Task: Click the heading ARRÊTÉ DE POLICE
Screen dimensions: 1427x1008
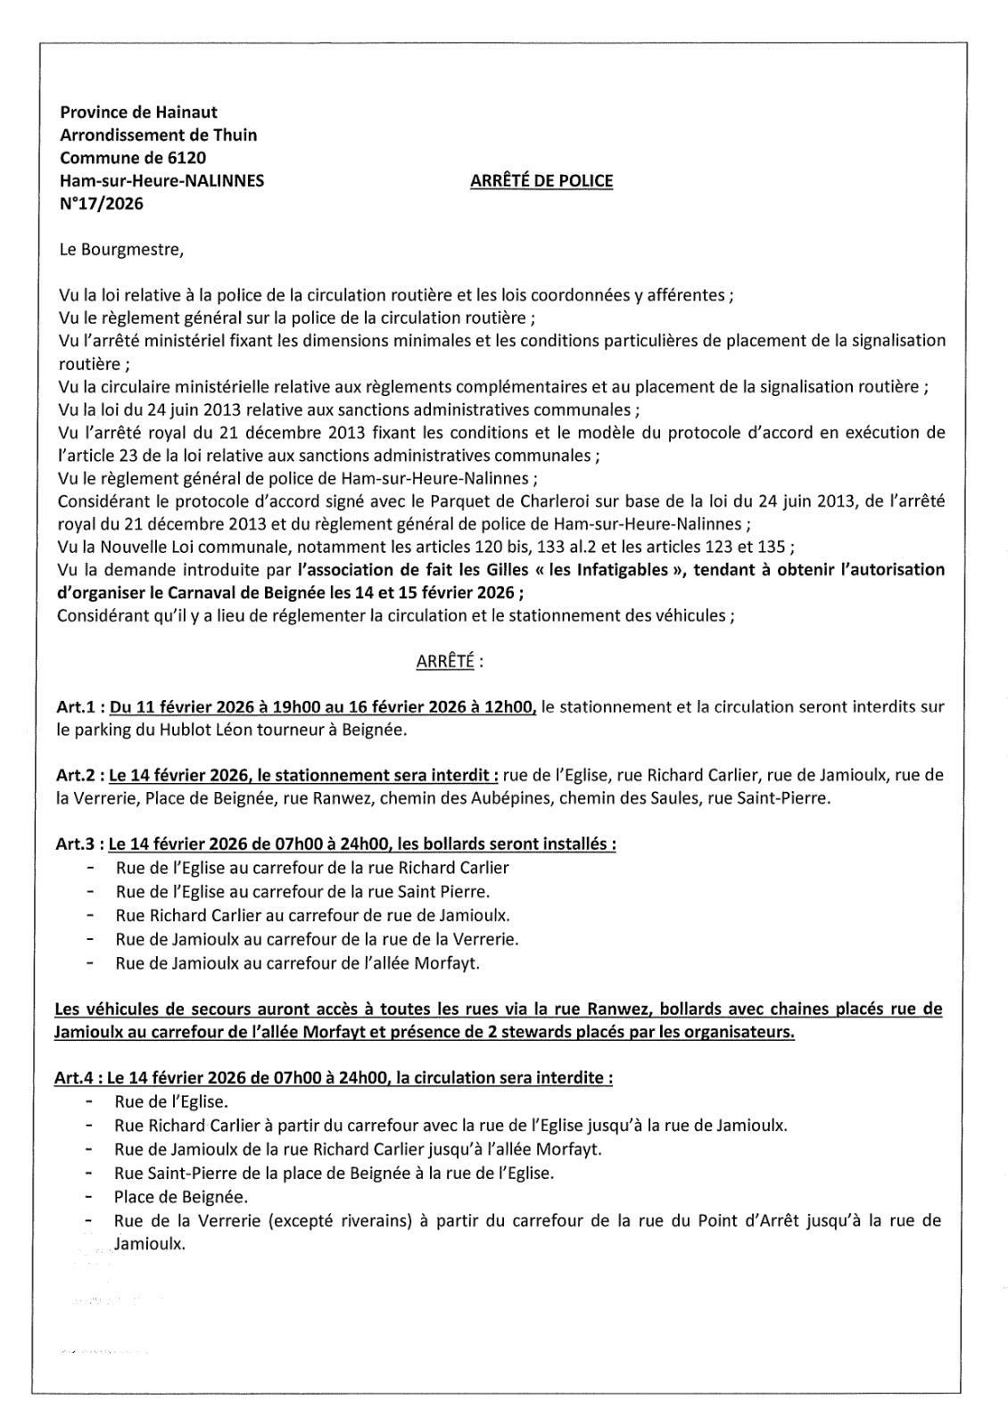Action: click(541, 181)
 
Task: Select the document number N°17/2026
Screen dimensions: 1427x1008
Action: click(101, 204)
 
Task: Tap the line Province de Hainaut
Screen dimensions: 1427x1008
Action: click(138, 112)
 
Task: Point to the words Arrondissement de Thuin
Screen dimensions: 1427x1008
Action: click(158, 136)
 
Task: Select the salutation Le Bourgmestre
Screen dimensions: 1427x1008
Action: click(120, 249)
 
